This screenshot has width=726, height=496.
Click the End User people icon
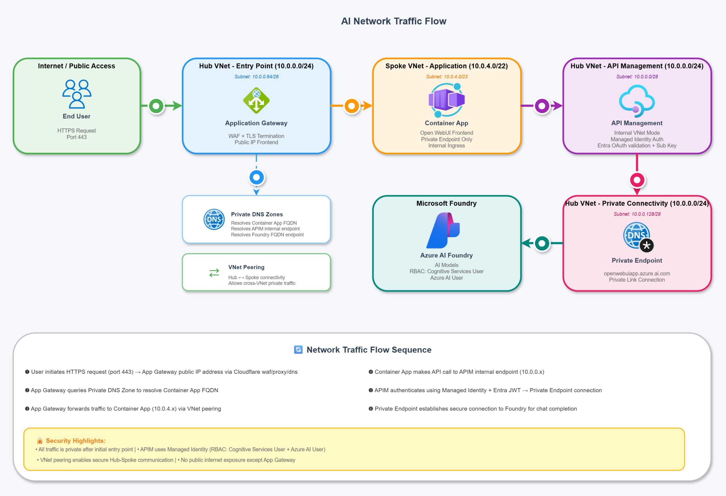77,94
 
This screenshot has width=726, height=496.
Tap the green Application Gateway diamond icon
256,100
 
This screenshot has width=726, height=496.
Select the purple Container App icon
446,100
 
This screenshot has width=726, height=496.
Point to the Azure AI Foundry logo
443,230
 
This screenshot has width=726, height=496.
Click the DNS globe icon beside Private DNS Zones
214,219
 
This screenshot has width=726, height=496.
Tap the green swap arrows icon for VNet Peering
214,273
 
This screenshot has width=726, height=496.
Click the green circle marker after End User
156,106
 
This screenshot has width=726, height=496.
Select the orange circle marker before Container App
352,106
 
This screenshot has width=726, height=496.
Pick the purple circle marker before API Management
542,106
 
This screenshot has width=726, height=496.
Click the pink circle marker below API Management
637,180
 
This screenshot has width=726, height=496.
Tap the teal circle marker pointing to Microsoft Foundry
542,243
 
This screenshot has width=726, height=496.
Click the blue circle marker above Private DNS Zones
256,178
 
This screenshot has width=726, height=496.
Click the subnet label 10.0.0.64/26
256,77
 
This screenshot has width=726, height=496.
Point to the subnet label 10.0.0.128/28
637,214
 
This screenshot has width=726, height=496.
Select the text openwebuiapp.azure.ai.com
637,273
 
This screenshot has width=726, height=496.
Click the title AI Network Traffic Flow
394,21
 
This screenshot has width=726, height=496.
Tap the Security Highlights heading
76,440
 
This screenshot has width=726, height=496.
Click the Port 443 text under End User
77,137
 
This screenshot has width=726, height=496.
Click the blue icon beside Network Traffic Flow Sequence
298,349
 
